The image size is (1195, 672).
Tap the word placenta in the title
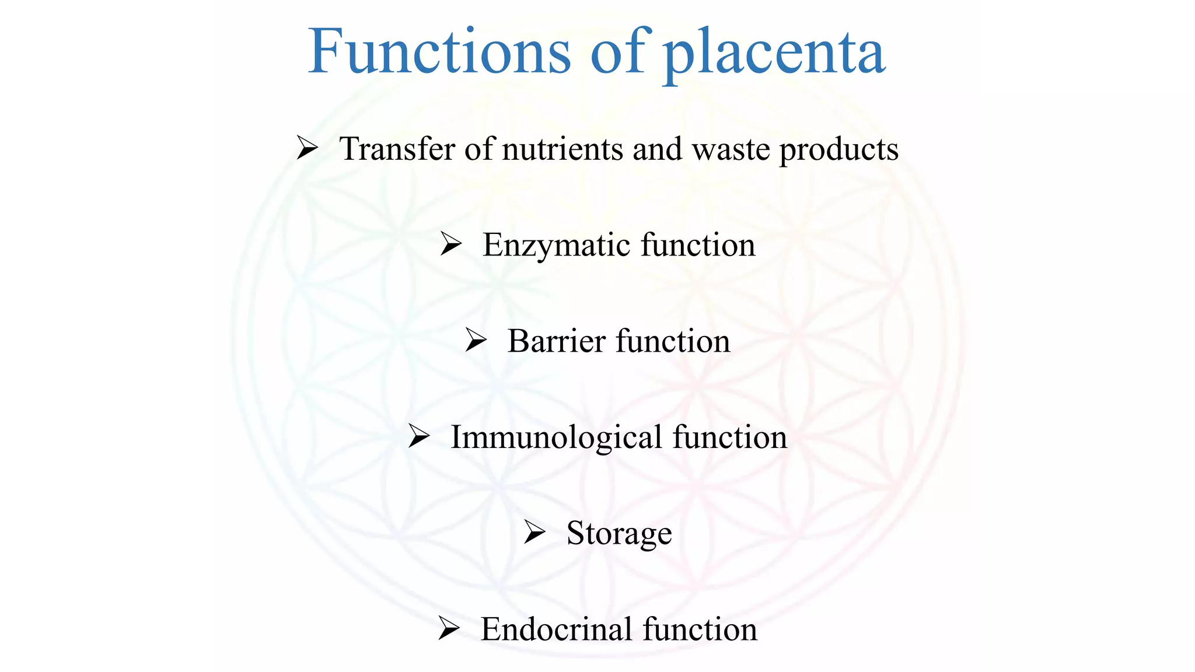774,54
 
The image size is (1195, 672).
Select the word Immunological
556,438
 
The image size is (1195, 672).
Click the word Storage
619,534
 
